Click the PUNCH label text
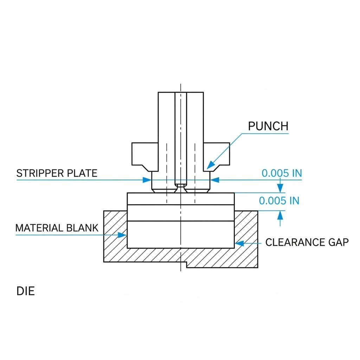tap(268, 126)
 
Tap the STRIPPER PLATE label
tap(57, 173)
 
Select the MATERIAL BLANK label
tap(57, 228)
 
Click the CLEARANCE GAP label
tap(307, 242)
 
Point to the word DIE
tap(26, 291)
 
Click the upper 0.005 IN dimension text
tap(282, 173)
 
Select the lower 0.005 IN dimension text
tap(279, 201)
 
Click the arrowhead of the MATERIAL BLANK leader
tap(124, 235)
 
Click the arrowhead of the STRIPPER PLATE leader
tap(148, 180)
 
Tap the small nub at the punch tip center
tap(181, 185)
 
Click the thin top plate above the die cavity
tap(181, 199)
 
